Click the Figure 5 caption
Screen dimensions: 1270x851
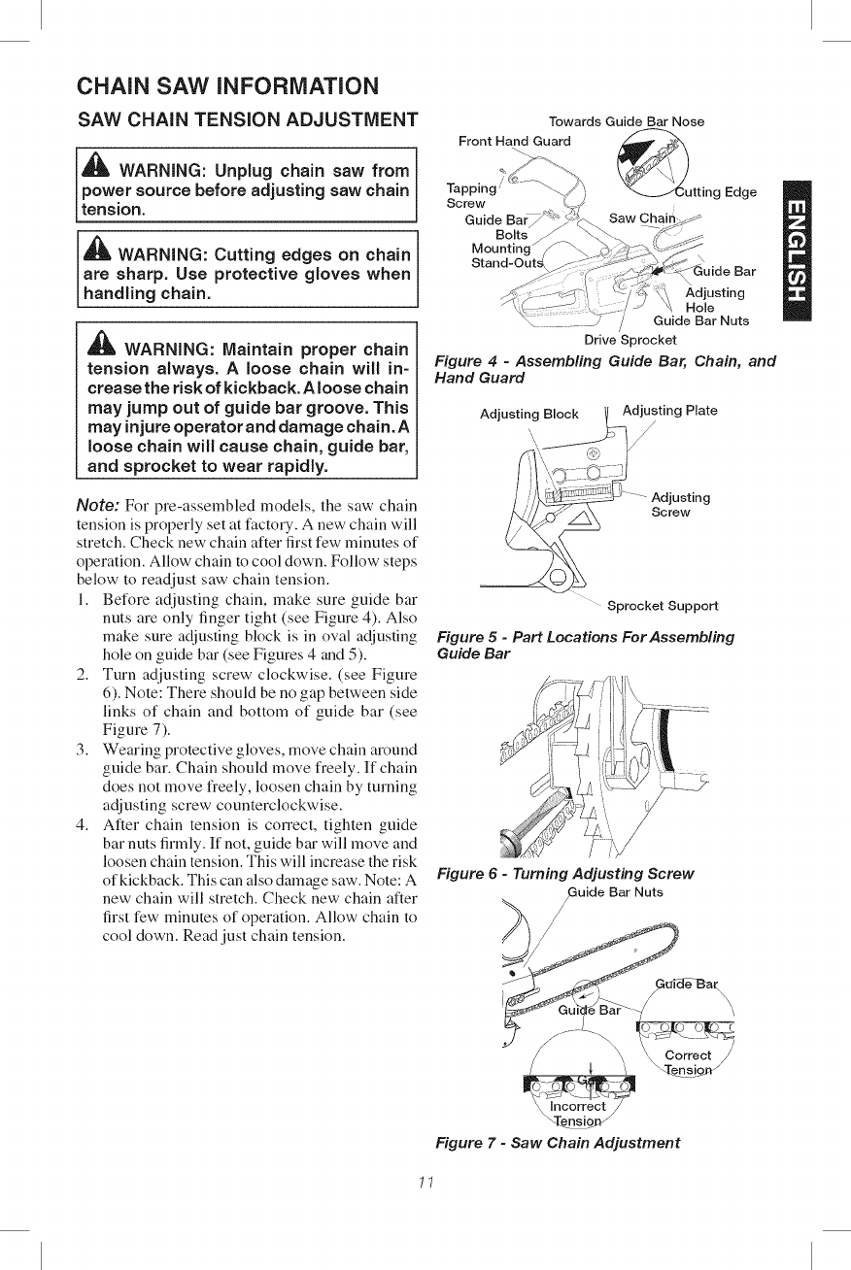click(x=585, y=645)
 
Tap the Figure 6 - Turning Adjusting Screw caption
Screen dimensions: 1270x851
click(x=564, y=873)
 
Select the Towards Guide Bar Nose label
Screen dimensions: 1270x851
click(x=626, y=121)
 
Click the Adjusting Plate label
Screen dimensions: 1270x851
click(x=669, y=410)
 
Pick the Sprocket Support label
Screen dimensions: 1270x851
click(x=662, y=606)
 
